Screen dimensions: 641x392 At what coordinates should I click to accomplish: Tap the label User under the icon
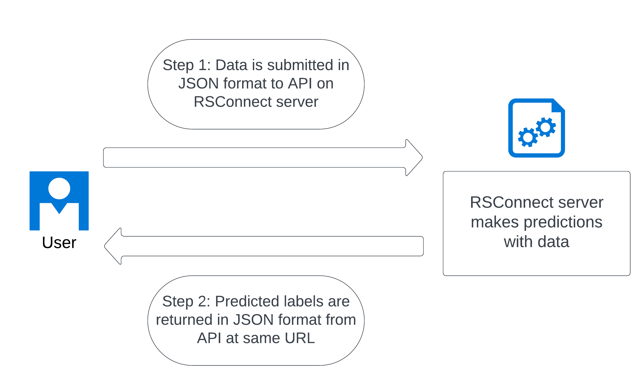click(x=59, y=242)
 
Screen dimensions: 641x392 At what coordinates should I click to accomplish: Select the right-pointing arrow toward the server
click(x=263, y=158)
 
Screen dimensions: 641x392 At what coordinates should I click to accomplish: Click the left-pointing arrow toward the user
click(x=264, y=246)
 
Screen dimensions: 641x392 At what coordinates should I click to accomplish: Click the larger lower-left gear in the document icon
click(x=528, y=137)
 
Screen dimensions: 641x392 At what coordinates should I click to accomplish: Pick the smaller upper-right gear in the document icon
click(x=546, y=127)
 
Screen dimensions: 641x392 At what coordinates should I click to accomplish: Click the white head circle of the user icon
click(x=59, y=189)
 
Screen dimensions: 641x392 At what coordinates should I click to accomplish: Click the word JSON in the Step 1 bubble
click(x=199, y=83)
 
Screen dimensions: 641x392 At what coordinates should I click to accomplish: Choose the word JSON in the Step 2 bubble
click(x=253, y=320)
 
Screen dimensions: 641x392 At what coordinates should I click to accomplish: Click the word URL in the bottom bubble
click(x=300, y=338)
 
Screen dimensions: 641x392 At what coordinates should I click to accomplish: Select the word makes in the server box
click(x=495, y=222)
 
